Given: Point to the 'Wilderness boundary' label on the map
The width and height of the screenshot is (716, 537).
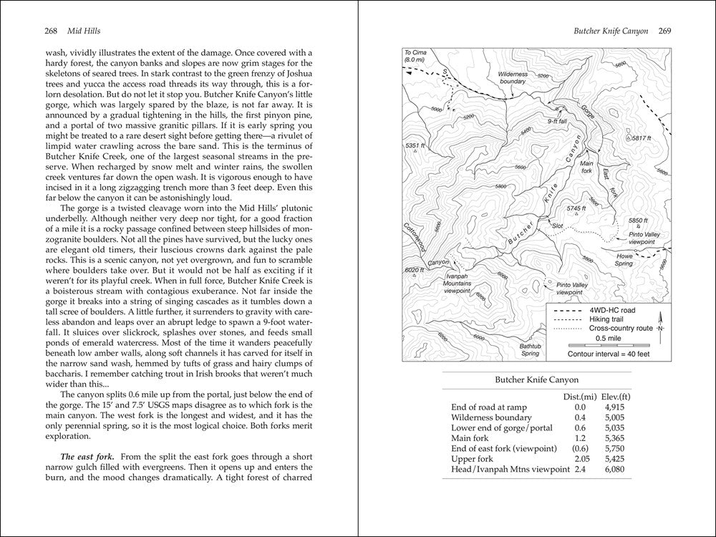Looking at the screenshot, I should click(513, 78).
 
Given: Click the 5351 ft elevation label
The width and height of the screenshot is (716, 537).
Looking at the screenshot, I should click(415, 146).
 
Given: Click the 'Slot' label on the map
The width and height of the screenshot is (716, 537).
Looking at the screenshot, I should click(558, 226).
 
